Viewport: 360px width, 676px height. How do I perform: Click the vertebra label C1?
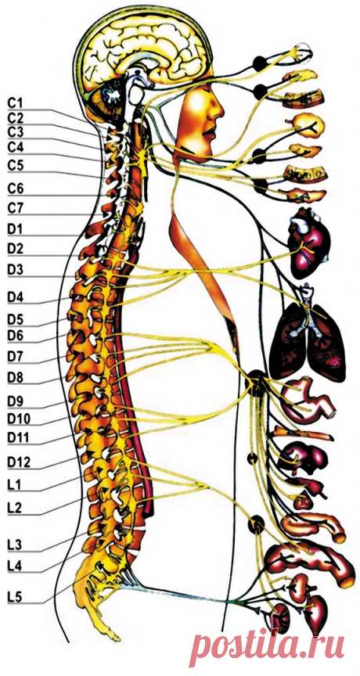click(15, 103)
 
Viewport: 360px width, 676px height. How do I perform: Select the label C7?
click(15, 209)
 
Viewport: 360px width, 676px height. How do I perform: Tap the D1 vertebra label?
click(15, 229)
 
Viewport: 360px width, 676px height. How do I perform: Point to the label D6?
click(15, 335)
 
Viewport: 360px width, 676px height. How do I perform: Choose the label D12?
click(19, 462)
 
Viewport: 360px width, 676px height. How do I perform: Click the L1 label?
click(15, 485)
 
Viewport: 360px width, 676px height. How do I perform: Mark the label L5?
click(15, 598)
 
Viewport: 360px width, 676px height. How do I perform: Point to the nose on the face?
click(218, 110)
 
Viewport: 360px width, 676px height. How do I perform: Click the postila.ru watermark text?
click(268, 645)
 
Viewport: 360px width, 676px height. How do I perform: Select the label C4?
click(15, 146)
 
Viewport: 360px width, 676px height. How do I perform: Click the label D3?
click(15, 270)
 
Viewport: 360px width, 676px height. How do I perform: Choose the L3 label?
click(15, 544)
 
